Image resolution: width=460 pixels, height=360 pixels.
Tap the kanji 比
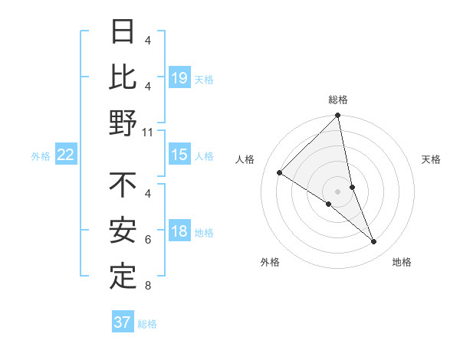pyautogui.click(x=123, y=78)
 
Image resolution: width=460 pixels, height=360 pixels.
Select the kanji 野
pyautogui.click(x=123, y=122)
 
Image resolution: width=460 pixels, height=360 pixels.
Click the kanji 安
pyautogui.click(x=123, y=231)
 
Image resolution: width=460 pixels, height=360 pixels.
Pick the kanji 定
pyautogui.click(x=123, y=276)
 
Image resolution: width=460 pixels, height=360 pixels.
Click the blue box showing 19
pyautogui.click(x=179, y=78)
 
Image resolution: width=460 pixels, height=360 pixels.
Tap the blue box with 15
pyautogui.click(x=179, y=155)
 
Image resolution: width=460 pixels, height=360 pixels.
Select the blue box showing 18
pyautogui.click(x=179, y=232)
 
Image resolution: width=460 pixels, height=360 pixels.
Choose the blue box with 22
pyautogui.click(x=66, y=155)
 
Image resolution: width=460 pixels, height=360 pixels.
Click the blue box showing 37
pyautogui.click(x=123, y=322)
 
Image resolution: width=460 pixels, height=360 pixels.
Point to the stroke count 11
pyautogui.click(x=149, y=133)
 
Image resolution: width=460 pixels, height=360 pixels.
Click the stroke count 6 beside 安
pyautogui.click(x=148, y=241)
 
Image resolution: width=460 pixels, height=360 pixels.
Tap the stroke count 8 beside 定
pyautogui.click(x=148, y=286)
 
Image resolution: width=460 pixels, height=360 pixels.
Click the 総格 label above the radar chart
pyautogui.click(x=338, y=100)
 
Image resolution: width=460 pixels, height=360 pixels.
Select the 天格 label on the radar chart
pyautogui.click(x=431, y=159)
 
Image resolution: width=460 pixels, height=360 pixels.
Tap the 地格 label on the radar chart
pyautogui.click(x=402, y=263)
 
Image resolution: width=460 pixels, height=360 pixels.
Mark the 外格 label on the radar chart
pyautogui.click(x=270, y=263)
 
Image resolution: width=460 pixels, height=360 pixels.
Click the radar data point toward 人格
pyautogui.click(x=280, y=172)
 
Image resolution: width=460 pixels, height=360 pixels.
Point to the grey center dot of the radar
pyautogui.click(x=337, y=191)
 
